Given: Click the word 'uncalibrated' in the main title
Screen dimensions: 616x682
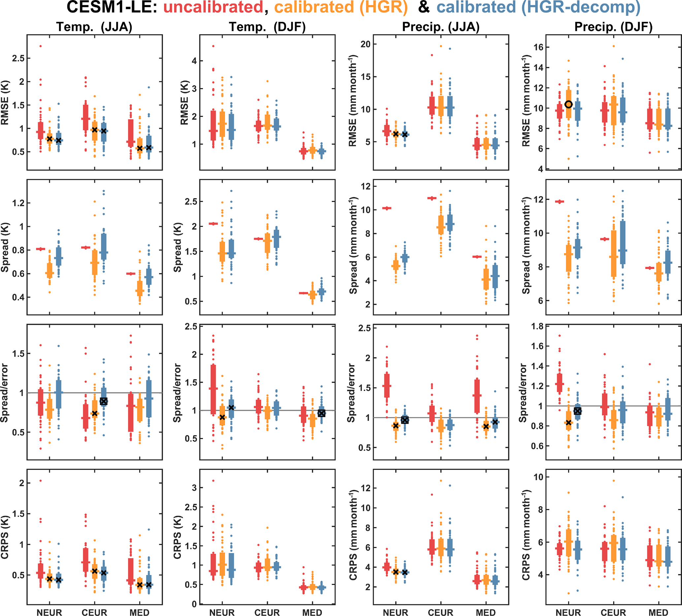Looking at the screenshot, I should tap(213, 8).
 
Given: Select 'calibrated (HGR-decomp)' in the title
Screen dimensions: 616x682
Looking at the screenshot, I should tap(538, 8).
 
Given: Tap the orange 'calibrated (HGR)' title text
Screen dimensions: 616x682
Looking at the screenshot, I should tap(341, 8).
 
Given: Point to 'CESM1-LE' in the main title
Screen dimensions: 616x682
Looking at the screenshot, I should tap(112, 8).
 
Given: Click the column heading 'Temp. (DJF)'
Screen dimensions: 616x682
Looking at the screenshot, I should tap(267, 27).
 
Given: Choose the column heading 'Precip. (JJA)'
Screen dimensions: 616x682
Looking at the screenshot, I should tap(441, 27).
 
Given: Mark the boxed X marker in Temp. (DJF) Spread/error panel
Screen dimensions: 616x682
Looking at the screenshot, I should tap(321, 413).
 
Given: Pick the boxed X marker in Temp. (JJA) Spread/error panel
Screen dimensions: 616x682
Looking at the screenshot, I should tap(104, 401).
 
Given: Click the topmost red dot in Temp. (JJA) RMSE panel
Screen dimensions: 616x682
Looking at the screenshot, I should tap(41, 46).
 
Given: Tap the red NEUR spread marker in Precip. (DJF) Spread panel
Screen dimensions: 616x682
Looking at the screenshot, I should tap(560, 202).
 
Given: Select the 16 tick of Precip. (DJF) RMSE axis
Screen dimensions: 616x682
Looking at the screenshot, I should tap(538, 47).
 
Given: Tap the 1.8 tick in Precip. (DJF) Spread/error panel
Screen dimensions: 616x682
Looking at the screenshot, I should tap(537, 326).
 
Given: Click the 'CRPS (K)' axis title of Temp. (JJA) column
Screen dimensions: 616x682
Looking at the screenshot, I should tap(5, 537).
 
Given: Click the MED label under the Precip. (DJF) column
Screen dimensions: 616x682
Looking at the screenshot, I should tap(658, 613).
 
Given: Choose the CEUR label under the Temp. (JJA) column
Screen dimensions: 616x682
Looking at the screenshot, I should tap(94, 613).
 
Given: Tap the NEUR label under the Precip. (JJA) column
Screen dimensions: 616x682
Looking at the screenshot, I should tap(396, 613).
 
